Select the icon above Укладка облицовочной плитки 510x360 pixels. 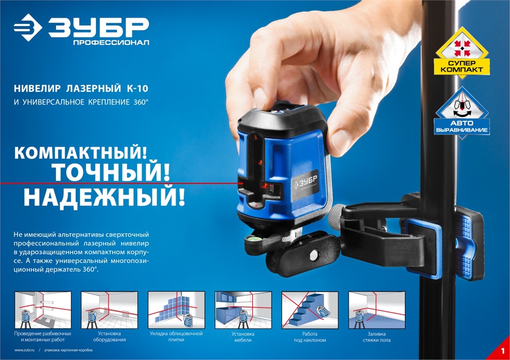tap(176, 310)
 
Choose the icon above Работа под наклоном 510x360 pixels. tap(310, 310)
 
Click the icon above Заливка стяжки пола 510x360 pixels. tap(376, 310)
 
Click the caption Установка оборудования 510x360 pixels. tap(109, 337)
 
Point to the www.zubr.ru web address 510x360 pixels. tap(24, 350)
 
